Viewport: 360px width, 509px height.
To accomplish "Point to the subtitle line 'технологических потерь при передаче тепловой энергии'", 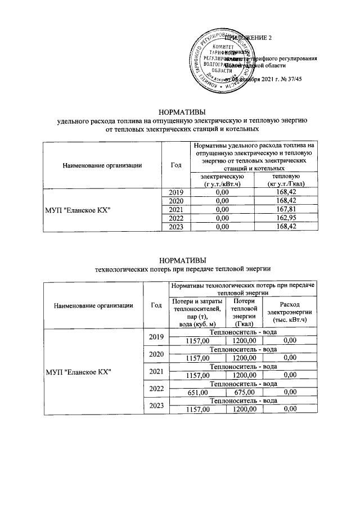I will [179, 268].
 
